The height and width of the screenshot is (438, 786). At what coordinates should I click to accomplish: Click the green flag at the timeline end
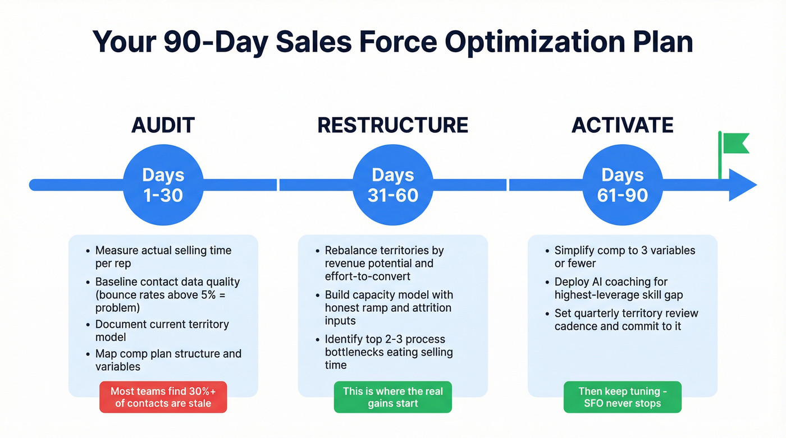point(734,143)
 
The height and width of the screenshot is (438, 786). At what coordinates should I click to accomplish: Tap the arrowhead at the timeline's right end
point(743,185)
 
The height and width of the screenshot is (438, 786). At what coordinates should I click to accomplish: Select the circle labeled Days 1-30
point(163,185)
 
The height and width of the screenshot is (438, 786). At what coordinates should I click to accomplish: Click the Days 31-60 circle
point(392,185)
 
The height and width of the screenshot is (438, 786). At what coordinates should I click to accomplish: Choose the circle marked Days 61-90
point(622,185)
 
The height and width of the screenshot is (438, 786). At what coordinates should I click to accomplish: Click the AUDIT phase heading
point(163,125)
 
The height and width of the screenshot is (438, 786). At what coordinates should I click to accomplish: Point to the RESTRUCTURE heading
point(392,125)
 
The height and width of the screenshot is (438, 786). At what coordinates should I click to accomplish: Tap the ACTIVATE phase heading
point(622,125)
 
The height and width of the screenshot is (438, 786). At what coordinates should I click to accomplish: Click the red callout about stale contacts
point(163,397)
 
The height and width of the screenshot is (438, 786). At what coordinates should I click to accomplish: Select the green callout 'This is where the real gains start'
point(392,397)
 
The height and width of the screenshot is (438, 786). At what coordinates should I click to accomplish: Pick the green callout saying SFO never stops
point(622,397)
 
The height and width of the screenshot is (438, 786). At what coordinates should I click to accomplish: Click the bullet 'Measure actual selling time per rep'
point(163,257)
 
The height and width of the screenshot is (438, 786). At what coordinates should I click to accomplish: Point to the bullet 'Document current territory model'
point(162,330)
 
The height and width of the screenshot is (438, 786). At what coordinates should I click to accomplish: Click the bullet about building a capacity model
point(389,307)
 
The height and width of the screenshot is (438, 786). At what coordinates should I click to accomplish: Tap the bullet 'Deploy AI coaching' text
point(618,288)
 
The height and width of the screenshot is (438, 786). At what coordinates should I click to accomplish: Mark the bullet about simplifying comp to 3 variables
point(624,257)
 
